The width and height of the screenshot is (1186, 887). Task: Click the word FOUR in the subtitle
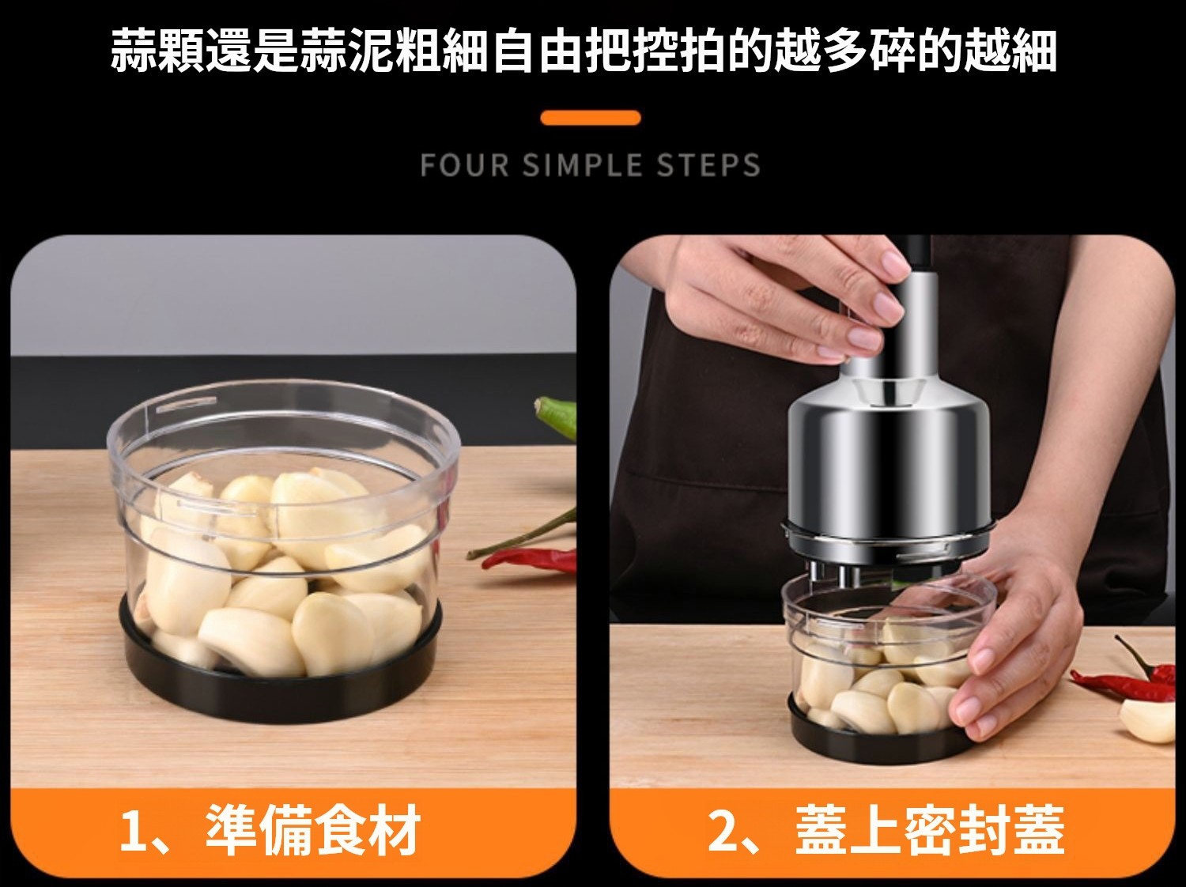point(464,165)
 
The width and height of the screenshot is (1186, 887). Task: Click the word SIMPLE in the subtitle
point(582,165)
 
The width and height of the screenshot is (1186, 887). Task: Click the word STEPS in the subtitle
point(708,165)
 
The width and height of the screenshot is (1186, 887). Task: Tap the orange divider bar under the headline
point(591,118)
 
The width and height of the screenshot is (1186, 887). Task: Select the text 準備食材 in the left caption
point(313,832)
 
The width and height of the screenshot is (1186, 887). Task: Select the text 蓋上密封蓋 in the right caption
point(930,832)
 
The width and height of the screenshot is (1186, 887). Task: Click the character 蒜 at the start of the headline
point(133,51)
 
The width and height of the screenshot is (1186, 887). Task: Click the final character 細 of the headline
point(1034,51)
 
